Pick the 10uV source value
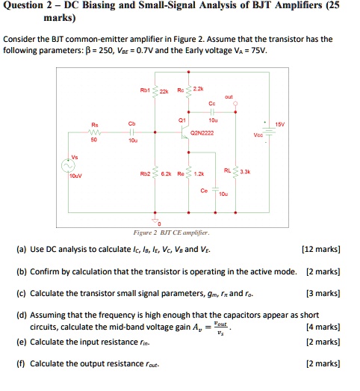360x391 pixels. coord(75,177)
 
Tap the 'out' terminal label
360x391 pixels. coord(229,96)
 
